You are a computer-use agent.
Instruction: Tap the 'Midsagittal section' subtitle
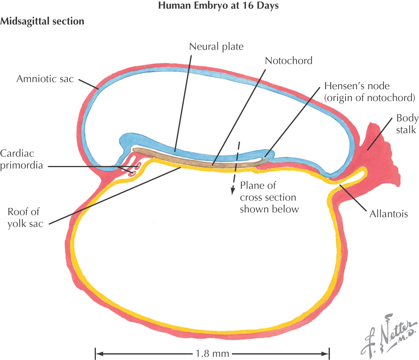(42, 21)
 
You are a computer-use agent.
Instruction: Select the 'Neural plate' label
(216, 47)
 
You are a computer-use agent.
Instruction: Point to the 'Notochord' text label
(289, 61)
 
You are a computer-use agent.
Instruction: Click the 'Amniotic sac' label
(45, 79)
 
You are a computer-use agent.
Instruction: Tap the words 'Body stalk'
(407, 124)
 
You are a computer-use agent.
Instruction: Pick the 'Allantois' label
(388, 214)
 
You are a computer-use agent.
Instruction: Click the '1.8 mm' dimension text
(213, 354)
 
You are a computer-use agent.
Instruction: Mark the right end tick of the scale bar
(328, 354)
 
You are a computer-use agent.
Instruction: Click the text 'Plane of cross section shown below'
(268, 197)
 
